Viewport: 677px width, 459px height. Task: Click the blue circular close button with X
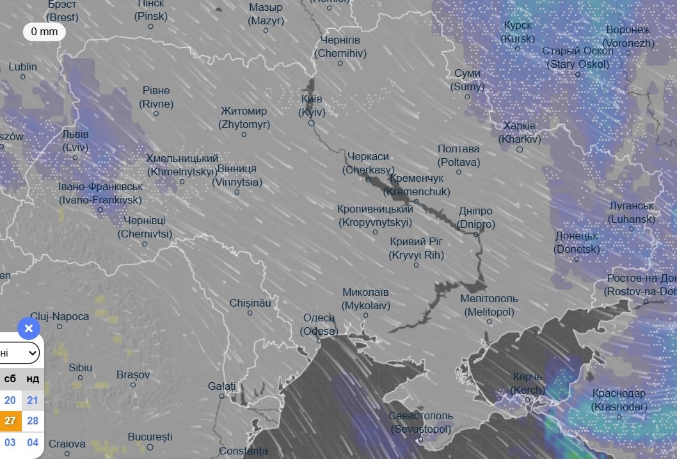coord(28,329)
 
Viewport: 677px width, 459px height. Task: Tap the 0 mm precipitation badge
coord(44,31)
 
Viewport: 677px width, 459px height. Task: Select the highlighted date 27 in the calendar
coord(10,421)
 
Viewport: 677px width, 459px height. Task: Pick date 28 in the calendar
coord(33,421)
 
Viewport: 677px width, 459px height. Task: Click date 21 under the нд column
coord(33,400)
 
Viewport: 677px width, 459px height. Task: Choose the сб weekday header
coord(10,378)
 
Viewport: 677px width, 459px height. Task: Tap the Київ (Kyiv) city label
coord(312,106)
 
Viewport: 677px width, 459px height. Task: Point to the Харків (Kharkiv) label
coord(519,132)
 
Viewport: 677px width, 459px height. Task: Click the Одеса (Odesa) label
coord(319,325)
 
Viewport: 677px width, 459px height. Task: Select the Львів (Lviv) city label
coord(76,140)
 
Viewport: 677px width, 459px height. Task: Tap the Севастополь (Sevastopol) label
coord(420,422)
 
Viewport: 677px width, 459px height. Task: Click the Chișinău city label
coord(251,302)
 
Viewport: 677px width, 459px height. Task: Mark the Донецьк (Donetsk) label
coord(577,243)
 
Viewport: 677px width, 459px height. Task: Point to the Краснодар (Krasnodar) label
coord(619,400)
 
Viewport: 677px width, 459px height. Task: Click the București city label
coord(150,437)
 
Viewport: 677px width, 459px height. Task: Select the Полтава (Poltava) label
coord(459,156)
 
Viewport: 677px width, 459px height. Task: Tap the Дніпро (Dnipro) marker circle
coord(476,234)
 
